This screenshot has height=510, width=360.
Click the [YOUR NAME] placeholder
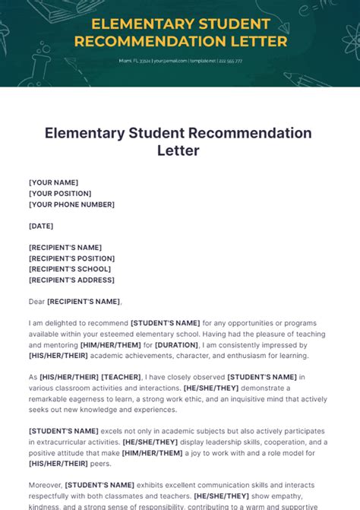point(54,182)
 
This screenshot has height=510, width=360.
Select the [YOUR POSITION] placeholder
point(60,193)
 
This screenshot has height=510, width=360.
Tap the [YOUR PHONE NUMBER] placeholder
point(72,204)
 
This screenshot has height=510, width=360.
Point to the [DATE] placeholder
point(41,226)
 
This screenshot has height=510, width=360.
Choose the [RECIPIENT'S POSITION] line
point(72,258)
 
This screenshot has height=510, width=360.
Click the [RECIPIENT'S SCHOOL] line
point(70,269)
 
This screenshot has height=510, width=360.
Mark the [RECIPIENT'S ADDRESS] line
point(72,280)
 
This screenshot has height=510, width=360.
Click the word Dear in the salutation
point(36,302)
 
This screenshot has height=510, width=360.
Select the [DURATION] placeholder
point(177,344)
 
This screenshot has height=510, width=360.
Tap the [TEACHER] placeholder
point(122,377)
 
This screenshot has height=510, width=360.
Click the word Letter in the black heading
point(178,150)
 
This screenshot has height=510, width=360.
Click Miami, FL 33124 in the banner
point(134,61)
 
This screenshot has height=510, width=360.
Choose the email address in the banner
point(170,61)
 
